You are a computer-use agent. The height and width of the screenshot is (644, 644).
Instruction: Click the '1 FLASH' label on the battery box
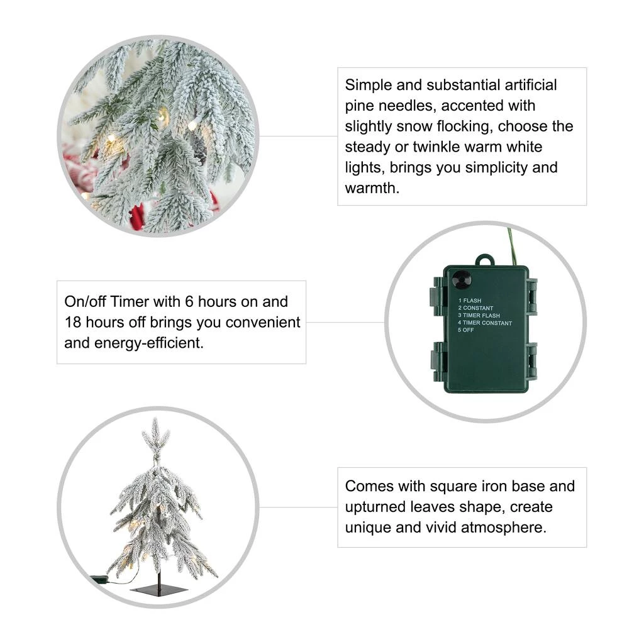point(469,301)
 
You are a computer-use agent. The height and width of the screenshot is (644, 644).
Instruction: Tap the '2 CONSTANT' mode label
point(475,308)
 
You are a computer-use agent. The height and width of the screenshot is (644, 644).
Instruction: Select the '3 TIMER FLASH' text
point(479,316)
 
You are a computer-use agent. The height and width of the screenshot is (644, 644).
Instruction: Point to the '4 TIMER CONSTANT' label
point(485,323)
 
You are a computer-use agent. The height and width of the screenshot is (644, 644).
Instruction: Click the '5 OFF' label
point(466,330)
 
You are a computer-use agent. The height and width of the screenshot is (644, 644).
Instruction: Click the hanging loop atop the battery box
point(485,260)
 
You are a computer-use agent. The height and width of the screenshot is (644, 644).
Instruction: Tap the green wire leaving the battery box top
point(512,247)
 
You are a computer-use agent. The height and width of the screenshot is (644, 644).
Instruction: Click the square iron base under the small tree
point(159,590)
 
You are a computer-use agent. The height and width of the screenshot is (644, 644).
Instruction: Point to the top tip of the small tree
point(155,418)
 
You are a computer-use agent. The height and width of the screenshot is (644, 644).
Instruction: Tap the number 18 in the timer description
point(73,323)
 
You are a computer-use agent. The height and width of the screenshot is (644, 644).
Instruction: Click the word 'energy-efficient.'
point(148,343)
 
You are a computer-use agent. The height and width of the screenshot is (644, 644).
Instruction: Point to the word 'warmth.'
point(372,188)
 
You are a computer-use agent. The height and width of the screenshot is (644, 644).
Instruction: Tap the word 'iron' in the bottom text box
point(496,486)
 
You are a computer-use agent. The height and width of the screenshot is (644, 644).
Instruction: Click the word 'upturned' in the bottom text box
point(373,508)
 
